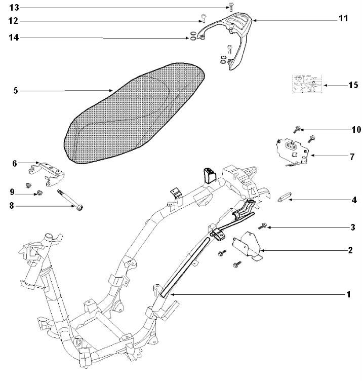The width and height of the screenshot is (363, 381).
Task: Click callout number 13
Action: coord(14,7)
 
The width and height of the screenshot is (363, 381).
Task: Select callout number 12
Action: coord(14,21)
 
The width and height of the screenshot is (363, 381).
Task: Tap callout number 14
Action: coord(14,37)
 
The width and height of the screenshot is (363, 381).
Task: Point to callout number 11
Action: coord(343,19)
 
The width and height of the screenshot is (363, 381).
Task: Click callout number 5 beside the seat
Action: coord(16,91)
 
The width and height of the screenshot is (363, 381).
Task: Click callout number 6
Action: coord(15,163)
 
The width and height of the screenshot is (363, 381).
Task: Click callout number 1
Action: coord(348,294)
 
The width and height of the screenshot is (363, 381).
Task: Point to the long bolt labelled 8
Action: coord(70,198)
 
